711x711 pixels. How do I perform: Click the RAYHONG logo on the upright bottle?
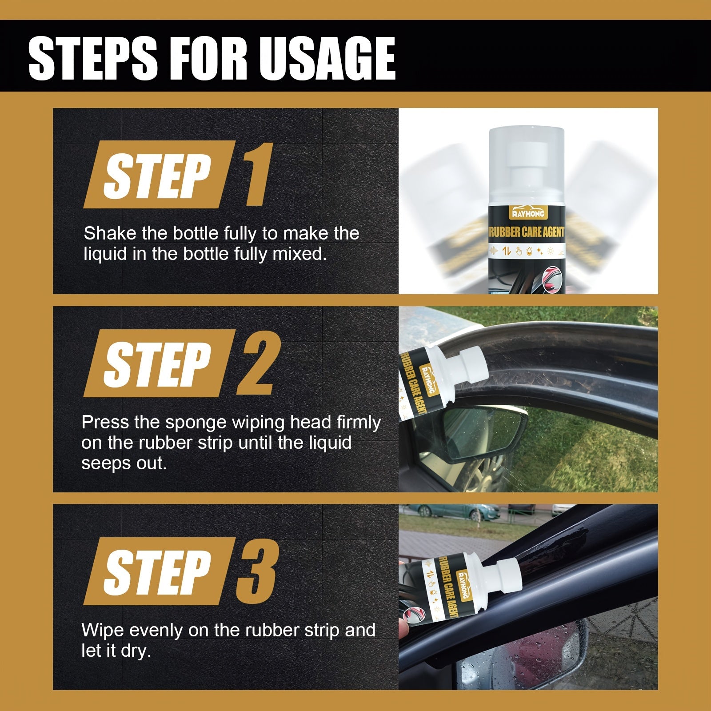coord(528,213)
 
